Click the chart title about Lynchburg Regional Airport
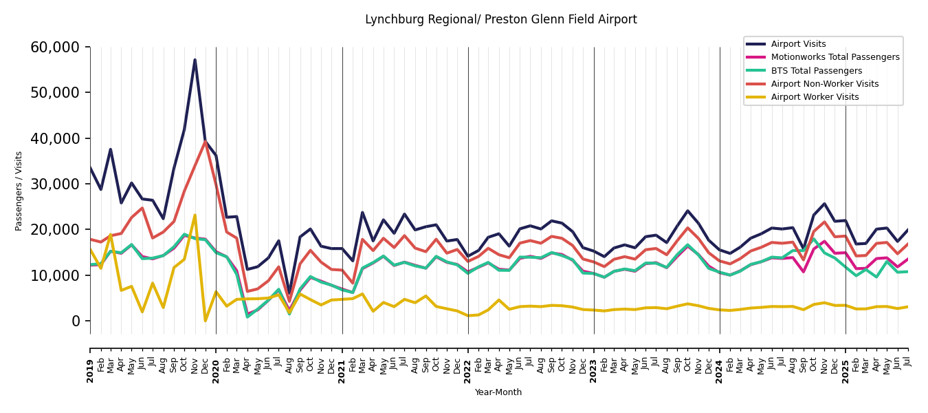[500, 20]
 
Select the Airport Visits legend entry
[798, 44]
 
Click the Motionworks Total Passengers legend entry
[835, 57]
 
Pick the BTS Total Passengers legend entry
[816, 71]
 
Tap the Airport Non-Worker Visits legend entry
[824, 84]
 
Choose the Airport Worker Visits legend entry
[815, 97]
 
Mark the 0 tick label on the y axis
[76, 321]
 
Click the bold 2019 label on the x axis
[90, 361]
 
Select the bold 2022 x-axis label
[468, 361]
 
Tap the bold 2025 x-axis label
[846, 361]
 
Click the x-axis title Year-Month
[498, 392]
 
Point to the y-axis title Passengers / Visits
[19, 191]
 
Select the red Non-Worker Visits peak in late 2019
[205, 141]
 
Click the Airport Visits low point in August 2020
[289, 293]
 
